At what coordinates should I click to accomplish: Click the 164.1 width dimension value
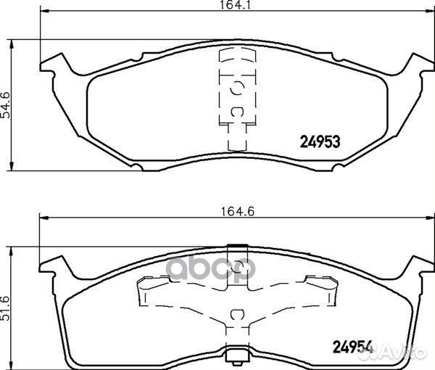pos(236,4)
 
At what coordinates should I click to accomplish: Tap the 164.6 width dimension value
pos(238,212)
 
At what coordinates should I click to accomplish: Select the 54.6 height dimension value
pos(5,105)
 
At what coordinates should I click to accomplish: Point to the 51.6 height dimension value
pos(5,308)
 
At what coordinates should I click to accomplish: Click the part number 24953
pos(320,142)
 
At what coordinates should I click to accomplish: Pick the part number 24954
pos(352,347)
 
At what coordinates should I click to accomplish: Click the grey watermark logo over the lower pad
pos(212,268)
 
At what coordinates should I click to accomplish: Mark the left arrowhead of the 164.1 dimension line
pos(45,12)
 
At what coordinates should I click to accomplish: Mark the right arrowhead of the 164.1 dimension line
pos(430,12)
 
